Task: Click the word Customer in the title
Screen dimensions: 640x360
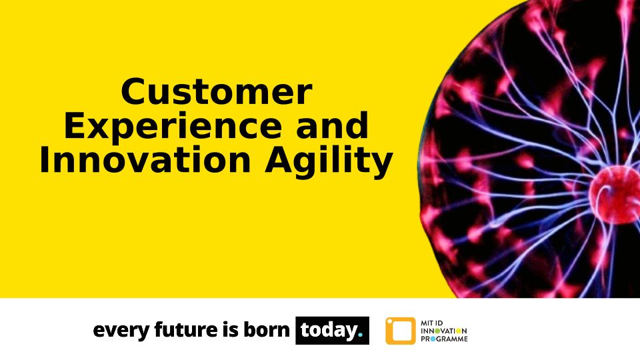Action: coord(217,92)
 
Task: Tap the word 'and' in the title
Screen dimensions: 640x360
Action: coord(332,125)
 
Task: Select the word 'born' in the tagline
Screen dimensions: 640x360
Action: coord(267,329)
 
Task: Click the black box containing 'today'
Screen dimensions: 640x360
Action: coord(332,330)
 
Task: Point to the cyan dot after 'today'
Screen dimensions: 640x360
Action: coord(360,335)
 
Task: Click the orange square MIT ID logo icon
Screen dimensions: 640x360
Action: coord(401,331)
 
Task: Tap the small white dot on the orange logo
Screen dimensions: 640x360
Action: coord(389,321)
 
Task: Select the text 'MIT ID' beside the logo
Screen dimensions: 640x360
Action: coord(432,323)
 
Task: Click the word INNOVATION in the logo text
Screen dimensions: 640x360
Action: coord(444,331)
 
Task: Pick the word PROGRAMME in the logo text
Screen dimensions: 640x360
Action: coord(444,339)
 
